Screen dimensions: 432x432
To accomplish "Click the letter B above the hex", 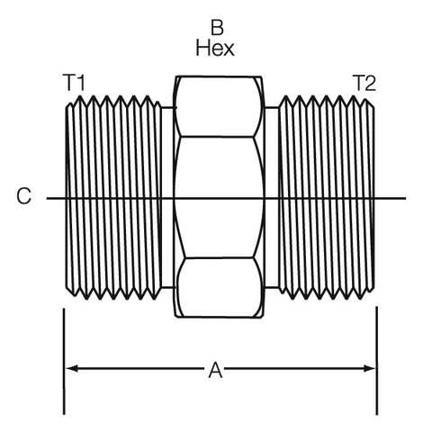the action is pos(217,27).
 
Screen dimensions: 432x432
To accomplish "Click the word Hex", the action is pos(215,48).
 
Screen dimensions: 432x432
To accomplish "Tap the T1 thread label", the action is pos(74,83).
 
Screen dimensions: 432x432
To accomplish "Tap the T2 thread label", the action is pos(364,83).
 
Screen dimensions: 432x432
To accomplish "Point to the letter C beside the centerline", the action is pos(23,196).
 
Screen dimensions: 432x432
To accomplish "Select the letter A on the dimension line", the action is pos(215,370).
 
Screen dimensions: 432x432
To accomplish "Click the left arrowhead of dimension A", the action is pos(71,368).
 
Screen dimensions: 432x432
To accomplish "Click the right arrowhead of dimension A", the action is pos(369,368).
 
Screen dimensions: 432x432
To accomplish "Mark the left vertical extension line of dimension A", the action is pos(64,362).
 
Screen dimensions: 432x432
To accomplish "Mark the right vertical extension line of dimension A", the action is pos(377,361).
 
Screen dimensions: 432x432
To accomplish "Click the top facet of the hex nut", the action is pos(219,106).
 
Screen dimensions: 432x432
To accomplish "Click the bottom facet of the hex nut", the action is pos(219,287).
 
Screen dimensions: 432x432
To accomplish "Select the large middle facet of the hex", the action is pos(219,197).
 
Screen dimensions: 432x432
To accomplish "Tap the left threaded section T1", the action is pos(114,197).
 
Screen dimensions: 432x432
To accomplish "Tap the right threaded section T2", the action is pos(327,197).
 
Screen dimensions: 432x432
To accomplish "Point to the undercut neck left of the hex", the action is pos(168,197).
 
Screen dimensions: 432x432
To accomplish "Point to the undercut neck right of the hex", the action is pos(272,197).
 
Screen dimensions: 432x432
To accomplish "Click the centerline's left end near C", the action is pos(47,198).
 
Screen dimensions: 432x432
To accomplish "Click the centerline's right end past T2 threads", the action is pos(405,198).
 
